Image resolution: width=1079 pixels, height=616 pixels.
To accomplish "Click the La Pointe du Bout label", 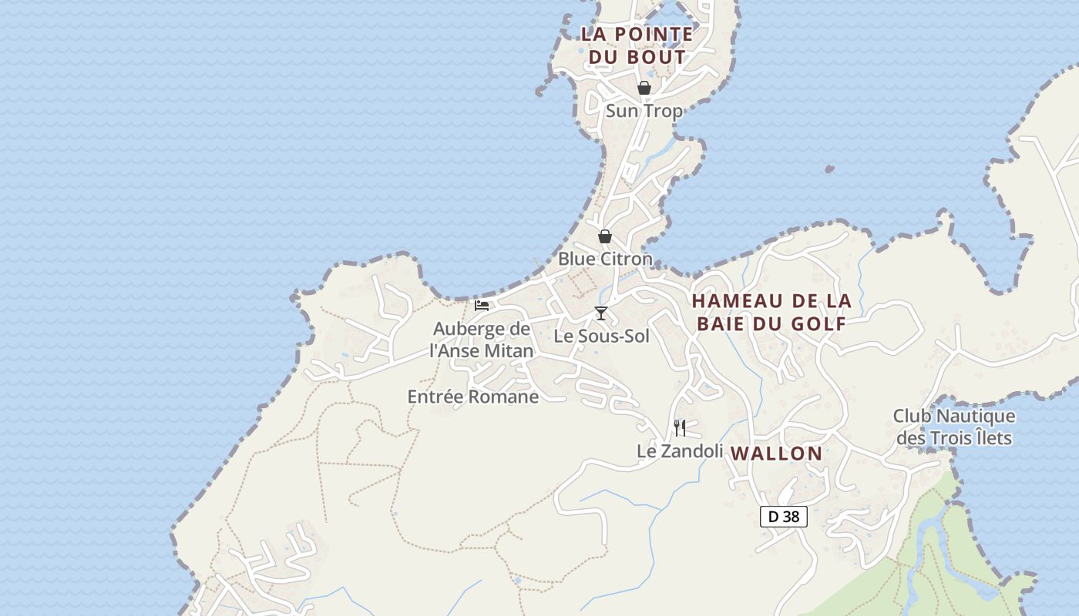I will (x=637, y=45).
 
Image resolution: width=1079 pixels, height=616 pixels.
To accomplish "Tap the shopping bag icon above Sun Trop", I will (x=644, y=88).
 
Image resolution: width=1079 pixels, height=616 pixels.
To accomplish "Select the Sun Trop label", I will (x=644, y=111).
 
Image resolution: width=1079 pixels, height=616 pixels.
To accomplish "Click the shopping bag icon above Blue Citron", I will (x=605, y=236).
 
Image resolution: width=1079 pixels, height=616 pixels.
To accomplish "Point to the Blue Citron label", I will (x=605, y=259).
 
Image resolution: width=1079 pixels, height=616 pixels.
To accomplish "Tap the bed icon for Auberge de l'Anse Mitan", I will (x=482, y=305).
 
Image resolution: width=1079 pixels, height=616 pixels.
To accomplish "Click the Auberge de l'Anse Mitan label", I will (x=482, y=340).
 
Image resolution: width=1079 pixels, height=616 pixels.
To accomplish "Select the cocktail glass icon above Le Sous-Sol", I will (x=601, y=313).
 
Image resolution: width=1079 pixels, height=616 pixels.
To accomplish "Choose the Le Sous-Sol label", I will (x=602, y=336).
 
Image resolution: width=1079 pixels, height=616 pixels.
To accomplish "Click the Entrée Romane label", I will (x=472, y=397).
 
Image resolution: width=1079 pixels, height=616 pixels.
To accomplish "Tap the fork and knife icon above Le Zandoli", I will (x=680, y=427).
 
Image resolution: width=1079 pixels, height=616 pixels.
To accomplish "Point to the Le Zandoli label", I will (x=680, y=451).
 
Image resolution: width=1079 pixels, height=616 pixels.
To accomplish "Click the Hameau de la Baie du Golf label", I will (x=771, y=312).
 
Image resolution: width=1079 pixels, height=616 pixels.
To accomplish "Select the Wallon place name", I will (x=777, y=454).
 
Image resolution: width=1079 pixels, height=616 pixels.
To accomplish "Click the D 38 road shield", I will (x=784, y=517).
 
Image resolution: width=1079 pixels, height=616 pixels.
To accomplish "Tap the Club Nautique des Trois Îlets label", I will (x=954, y=427).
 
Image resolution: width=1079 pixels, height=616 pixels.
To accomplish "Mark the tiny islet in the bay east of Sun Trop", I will (x=829, y=169).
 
